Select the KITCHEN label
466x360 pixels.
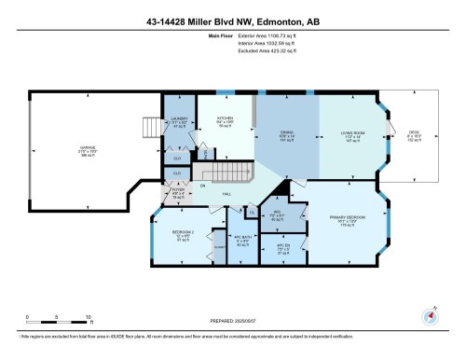click(225, 119)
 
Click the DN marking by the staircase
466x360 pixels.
click(203, 186)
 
